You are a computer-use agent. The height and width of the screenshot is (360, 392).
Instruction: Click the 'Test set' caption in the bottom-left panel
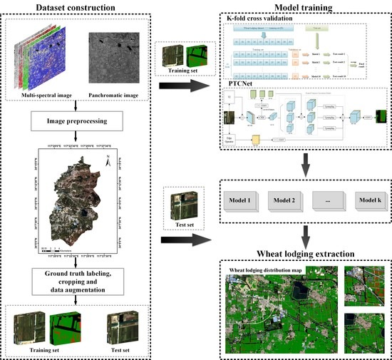pos(118,349)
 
